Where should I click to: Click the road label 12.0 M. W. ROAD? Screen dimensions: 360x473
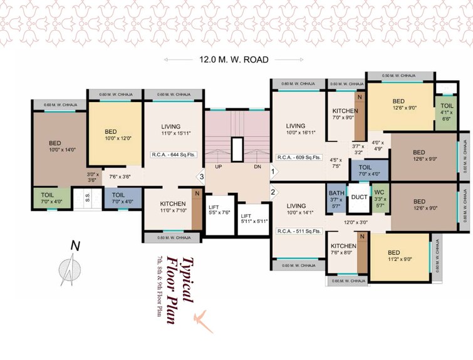click(x=234, y=60)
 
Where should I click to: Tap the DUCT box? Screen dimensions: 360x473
click(x=358, y=197)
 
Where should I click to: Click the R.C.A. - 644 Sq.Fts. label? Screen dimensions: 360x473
click(x=174, y=153)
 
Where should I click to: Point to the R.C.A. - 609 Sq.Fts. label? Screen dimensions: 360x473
click(x=299, y=158)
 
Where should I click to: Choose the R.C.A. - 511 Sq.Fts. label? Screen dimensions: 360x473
click(x=299, y=231)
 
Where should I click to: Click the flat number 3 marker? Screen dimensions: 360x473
click(x=200, y=177)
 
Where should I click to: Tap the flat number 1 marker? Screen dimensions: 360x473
click(x=273, y=170)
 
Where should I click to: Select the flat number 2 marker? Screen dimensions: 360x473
click(x=273, y=192)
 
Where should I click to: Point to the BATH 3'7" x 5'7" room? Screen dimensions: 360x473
click(x=336, y=197)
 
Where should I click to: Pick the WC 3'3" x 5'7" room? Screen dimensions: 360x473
click(x=380, y=197)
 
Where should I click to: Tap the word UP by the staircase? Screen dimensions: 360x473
click(x=218, y=167)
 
